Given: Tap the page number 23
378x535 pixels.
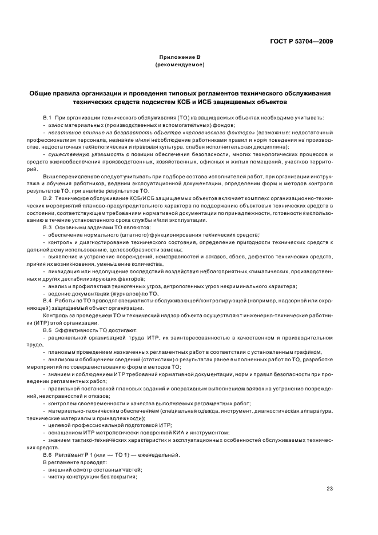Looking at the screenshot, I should click(329, 488).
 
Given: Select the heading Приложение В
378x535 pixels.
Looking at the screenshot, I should click(180, 57).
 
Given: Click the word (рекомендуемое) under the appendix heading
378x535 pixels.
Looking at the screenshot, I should click(180, 65).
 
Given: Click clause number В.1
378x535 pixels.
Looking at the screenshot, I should click(47, 117).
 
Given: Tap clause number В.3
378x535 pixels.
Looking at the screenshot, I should click(47, 227).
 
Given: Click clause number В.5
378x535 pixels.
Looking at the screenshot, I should click(47, 330).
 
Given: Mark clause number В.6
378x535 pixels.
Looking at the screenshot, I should click(47, 454).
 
